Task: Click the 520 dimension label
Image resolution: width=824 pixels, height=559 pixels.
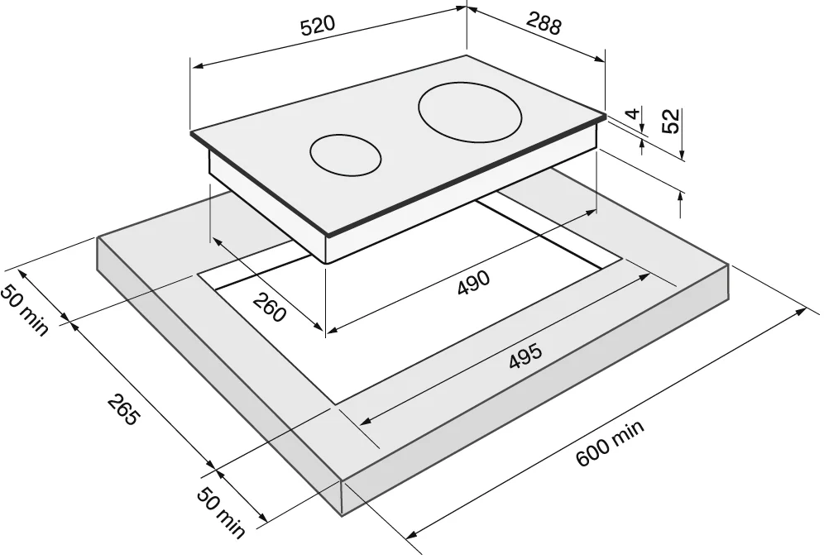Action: tap(317, 26)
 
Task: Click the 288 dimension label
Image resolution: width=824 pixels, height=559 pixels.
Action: tap(544, 24)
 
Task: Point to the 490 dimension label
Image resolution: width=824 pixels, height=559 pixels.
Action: tap(473, 283)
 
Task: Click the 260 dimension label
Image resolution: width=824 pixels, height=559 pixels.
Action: tap(270, 307)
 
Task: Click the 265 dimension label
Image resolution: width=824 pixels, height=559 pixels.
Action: tap(125, 410)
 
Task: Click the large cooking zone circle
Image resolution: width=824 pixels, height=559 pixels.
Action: tap(471, 113)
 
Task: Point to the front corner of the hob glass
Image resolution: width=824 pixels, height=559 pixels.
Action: tap(327, 235)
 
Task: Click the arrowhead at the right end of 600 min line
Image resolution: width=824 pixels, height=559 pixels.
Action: tap(802, 311)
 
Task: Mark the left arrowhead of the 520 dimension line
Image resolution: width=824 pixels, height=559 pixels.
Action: tap(197, 65)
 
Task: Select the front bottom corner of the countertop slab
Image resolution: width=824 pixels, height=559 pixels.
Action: tap(343, 514)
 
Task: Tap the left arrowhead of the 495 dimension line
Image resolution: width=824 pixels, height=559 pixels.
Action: tap(366, 422)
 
